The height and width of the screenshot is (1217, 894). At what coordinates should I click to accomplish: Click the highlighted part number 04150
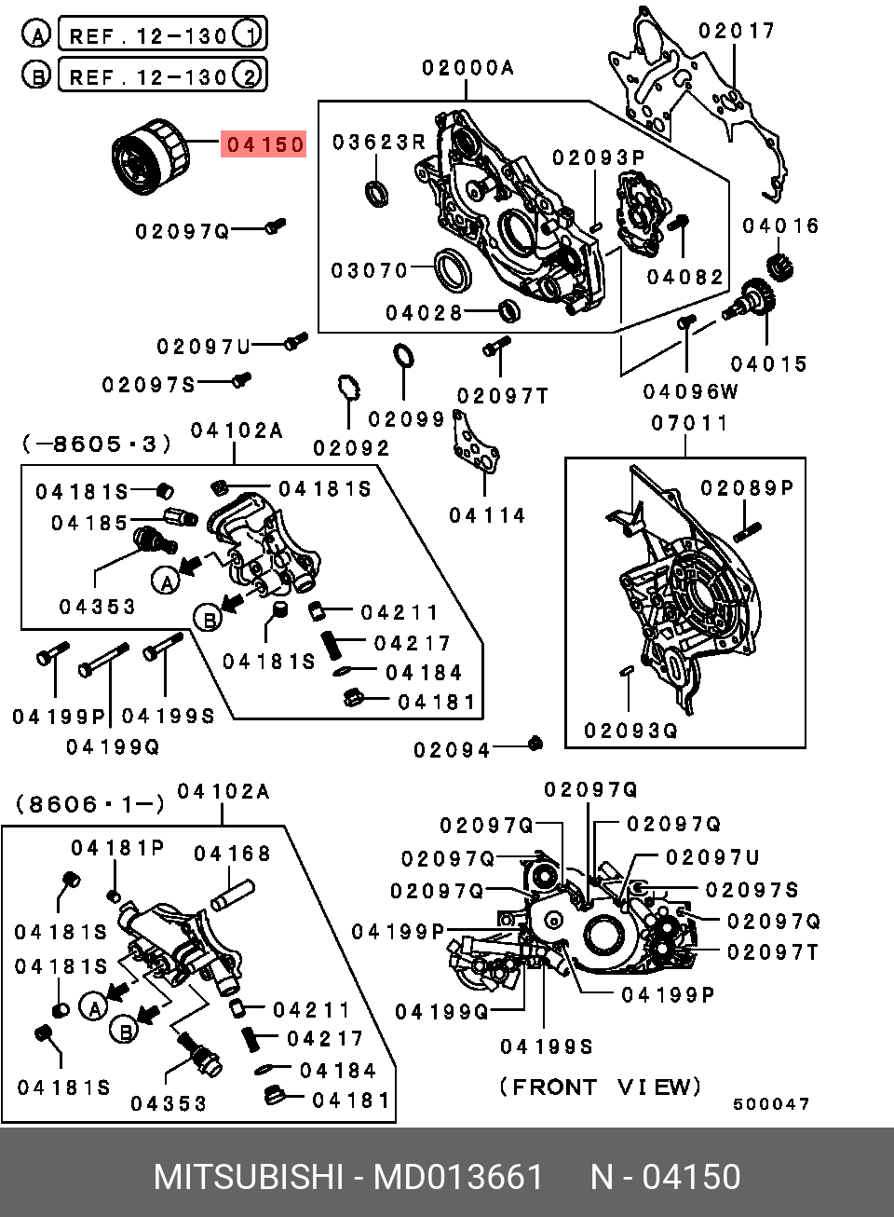coord(264,144)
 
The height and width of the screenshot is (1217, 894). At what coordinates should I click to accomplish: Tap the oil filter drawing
coord(150,157)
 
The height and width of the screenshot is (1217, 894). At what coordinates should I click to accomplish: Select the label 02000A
coord(467,67)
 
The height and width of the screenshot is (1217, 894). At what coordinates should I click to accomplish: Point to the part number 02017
coord(737,31)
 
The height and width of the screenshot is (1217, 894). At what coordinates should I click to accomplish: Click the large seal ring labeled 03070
coord(454,269)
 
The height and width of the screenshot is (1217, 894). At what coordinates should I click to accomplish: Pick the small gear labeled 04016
coord(780,267)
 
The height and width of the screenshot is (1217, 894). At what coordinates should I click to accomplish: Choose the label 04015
coord(768,364)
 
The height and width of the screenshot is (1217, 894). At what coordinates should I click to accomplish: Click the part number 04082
coord(685,277)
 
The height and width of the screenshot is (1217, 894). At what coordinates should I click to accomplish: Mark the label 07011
coord(689,423)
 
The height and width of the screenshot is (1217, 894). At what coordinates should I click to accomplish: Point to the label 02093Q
coord(630,731)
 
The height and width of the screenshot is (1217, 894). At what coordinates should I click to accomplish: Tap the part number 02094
coord(452,749)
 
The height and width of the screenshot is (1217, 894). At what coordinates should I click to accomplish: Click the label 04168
coord(232,854)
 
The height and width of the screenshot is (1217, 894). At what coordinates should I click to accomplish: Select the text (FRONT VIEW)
coord(600,1087)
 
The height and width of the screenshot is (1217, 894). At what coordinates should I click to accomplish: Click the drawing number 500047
coord(771,1104)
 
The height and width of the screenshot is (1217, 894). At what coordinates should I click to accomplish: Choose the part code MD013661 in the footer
coord(457,1177)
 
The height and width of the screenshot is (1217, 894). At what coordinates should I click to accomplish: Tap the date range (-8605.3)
coord(97,444)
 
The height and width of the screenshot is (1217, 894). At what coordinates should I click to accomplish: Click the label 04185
coord(89,523)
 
